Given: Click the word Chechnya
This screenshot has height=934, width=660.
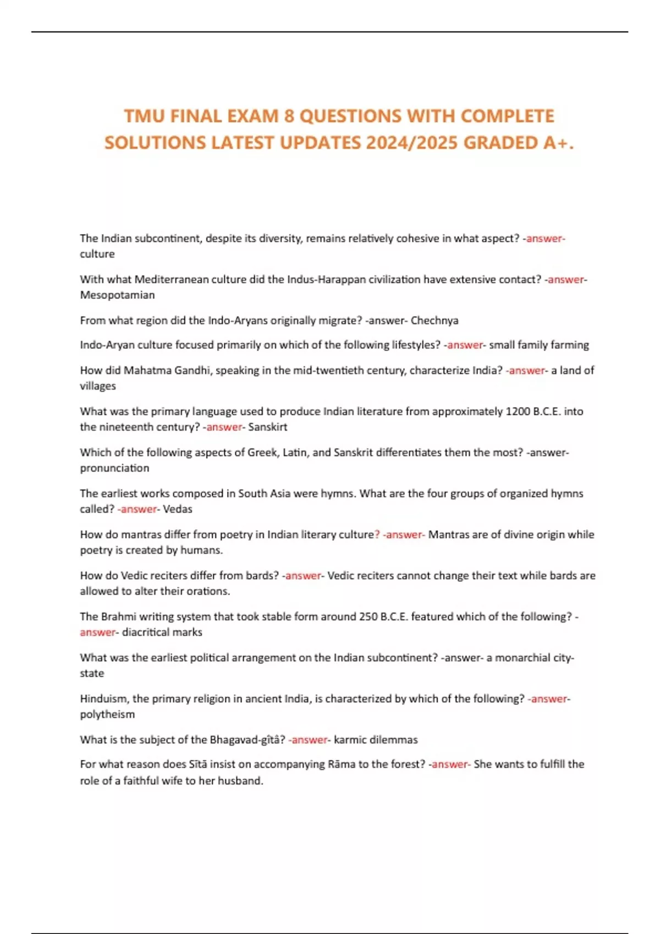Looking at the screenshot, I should (x=434, y=320).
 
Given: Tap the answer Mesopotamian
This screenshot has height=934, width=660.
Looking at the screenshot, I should (x=117, y=295).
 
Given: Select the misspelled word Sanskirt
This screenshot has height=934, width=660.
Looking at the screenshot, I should (x=267, y=427).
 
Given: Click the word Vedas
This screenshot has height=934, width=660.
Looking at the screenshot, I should (x=178, y=509).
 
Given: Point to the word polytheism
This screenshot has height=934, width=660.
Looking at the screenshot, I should (x=107, y=714).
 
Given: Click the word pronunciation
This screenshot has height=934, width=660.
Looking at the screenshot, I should (x=114, y=468).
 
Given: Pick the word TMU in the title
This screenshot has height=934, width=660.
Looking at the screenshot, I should (x=144, y=116).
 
